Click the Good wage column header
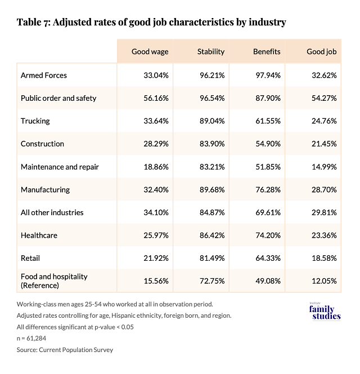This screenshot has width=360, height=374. (x=150, y=52)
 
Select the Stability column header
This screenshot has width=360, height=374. (x=210, y=52)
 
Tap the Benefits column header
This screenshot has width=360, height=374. (x=267, y=52)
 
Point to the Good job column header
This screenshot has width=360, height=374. (x=321, y=52)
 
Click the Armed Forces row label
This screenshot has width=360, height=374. (x=44, y=75)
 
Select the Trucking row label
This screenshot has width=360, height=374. (x=35, y=121)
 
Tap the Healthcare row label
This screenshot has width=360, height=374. (x=39, y=235)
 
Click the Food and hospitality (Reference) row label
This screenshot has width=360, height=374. (x=54, y=281)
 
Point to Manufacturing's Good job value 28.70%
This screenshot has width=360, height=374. (x=322, y=190)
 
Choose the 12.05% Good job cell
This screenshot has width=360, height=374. (x=322, y=281)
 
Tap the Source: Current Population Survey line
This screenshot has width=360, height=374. (x=65, y=350)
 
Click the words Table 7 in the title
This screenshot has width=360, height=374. (x=35, y=23)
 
